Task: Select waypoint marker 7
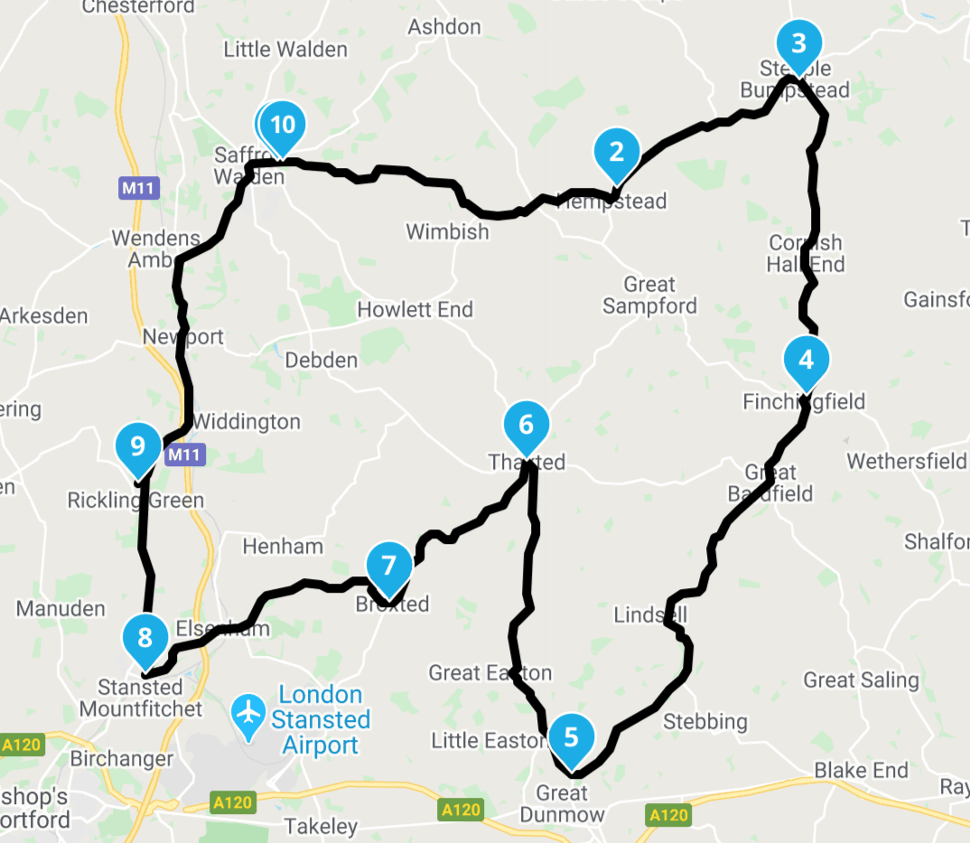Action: tap(389, 567)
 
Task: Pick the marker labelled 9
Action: tap(138, 446)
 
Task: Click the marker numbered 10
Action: tap(284, 125)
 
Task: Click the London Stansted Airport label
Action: tap(321, 720)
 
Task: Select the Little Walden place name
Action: tap(285, 49)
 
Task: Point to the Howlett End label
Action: tap(415, 310)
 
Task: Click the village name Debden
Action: tap(321, 360)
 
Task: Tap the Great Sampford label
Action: tap(649, 295)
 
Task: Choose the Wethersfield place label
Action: tap(906, 462)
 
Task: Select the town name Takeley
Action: tap(321, 826)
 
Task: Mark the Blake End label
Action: tap(861, 771)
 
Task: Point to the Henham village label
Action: tap(283, 546)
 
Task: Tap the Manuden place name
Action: tap(61, 608)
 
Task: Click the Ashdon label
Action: tap(444, 27)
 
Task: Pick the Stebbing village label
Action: tap(705, 721)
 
